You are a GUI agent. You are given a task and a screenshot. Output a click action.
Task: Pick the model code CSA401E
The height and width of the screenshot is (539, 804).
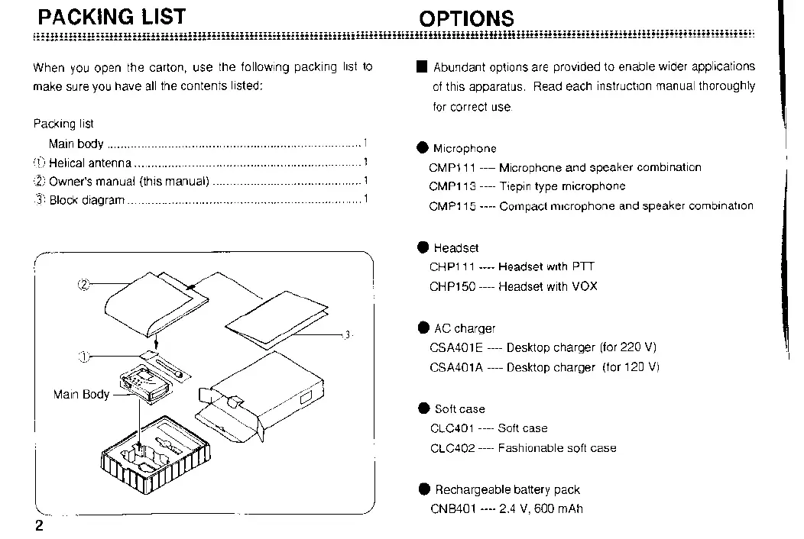pyautogui.click(x=455, y=347)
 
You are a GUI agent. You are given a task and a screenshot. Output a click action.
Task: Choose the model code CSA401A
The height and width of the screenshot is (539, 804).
pyautogui.click(x=455, y=367)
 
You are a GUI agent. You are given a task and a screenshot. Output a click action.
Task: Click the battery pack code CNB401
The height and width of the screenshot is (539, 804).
pyautogui.click(x=453, y=509)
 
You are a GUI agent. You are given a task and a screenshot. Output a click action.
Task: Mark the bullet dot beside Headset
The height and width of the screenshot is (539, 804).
pyautogui.click(x=423, y=247)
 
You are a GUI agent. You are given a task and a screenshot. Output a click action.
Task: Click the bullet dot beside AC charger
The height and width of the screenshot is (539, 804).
pyautogui.click(x=423, y=328)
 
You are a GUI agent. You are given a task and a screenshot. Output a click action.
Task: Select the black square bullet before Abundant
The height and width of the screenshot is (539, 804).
pyautogui.click(x=422, y=67)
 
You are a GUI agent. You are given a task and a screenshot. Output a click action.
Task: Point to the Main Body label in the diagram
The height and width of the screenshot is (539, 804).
pyautogui.click(x=81, y=395)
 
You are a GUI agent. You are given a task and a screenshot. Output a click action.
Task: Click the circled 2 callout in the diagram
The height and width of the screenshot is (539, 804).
pyautogui.click(x=83, y=286)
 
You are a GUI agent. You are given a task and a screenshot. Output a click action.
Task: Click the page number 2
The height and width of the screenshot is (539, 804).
pyautogui.click(x=37, y=527)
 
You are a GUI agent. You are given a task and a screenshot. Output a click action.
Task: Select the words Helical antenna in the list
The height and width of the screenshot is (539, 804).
pyautogui.click(x=90, y=163)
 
